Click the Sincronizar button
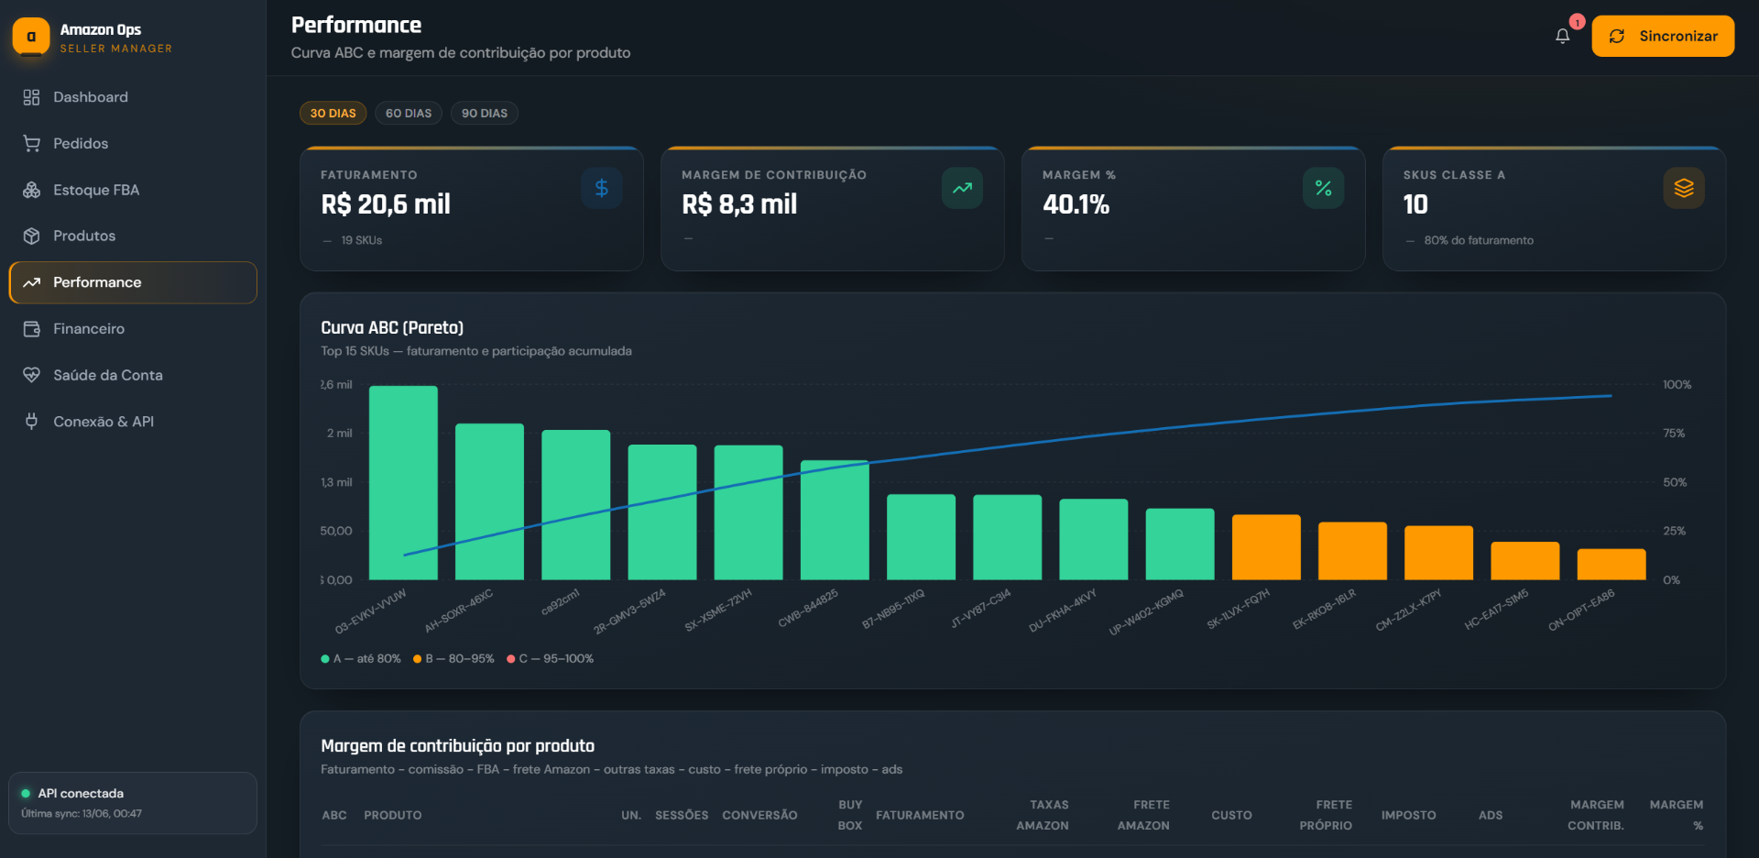click(x=1663, y=36)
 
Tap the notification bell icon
click(x=1563, y=36)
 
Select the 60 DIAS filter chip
click(x=409, y=113)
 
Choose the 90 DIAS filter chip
click(x=485, y=113)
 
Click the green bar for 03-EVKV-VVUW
click(x=403, y=483)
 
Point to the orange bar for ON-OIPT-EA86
click(x=1612, y=565)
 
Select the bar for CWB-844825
click(x=835, y=520)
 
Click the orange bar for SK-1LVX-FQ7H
click(x=1266, y=547)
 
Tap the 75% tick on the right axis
click(x=1674, y=434)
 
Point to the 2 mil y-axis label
click(x=339, y=434)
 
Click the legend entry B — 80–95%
click(x=453, y=659)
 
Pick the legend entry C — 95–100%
click(x=551, y=659)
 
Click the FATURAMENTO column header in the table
click(x=920, y=815)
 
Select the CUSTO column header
click(x=1231, y=815)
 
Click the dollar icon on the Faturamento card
click(x=602, y=188)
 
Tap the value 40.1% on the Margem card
click(x=1076, y=204)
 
